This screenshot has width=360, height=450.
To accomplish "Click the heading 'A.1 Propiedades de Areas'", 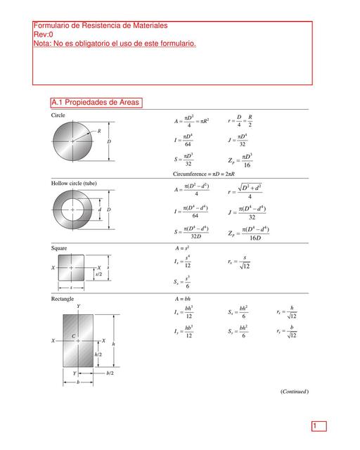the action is point(96,103).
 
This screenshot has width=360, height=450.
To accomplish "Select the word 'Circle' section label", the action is point(59,114).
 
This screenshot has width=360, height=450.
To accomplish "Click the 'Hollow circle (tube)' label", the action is point(74,183).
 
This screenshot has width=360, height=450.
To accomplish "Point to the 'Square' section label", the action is point(60,248).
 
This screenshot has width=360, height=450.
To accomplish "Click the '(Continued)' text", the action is point(295,391).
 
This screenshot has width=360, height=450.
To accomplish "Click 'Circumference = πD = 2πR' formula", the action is point(208,173).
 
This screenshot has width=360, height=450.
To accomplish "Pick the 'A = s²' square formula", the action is point(182,248).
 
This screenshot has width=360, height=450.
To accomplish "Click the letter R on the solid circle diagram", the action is point(100,130).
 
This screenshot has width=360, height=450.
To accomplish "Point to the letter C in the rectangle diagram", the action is point(73,336).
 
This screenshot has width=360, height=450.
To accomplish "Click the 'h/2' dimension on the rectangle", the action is point(98,355).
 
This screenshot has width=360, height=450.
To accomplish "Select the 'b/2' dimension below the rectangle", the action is point(110,373).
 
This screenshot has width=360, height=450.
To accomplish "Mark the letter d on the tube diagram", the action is point(99,210).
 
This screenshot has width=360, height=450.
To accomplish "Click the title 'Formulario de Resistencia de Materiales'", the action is point(101,25).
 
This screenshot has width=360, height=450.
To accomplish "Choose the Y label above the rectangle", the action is point(78,307).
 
